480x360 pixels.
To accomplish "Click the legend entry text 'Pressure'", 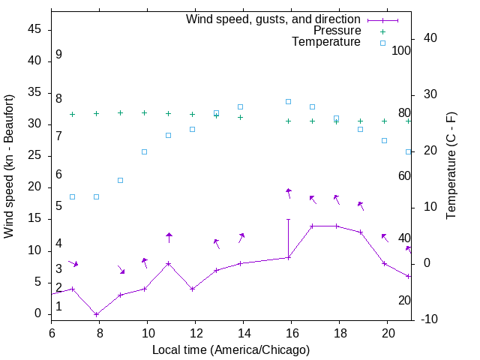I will (337, 31).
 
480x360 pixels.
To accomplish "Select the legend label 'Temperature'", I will (326, 42).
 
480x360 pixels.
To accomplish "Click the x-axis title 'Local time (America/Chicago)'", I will (231, 349).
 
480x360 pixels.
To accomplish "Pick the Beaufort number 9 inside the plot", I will (58, 55).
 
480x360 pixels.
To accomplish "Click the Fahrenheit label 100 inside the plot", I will (401, 51).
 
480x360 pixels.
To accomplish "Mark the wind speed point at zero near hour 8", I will (96, 314).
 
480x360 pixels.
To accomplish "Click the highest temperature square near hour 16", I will (288, 101).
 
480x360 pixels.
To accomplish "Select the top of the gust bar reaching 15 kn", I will (288, 220).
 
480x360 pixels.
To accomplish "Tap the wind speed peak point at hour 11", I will (169, 263).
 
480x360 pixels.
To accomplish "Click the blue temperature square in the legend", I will (382, 43).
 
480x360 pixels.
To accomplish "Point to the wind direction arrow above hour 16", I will (289, 193).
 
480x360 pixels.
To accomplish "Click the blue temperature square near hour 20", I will (384, 140).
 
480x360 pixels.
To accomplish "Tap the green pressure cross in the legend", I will (382, 31).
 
